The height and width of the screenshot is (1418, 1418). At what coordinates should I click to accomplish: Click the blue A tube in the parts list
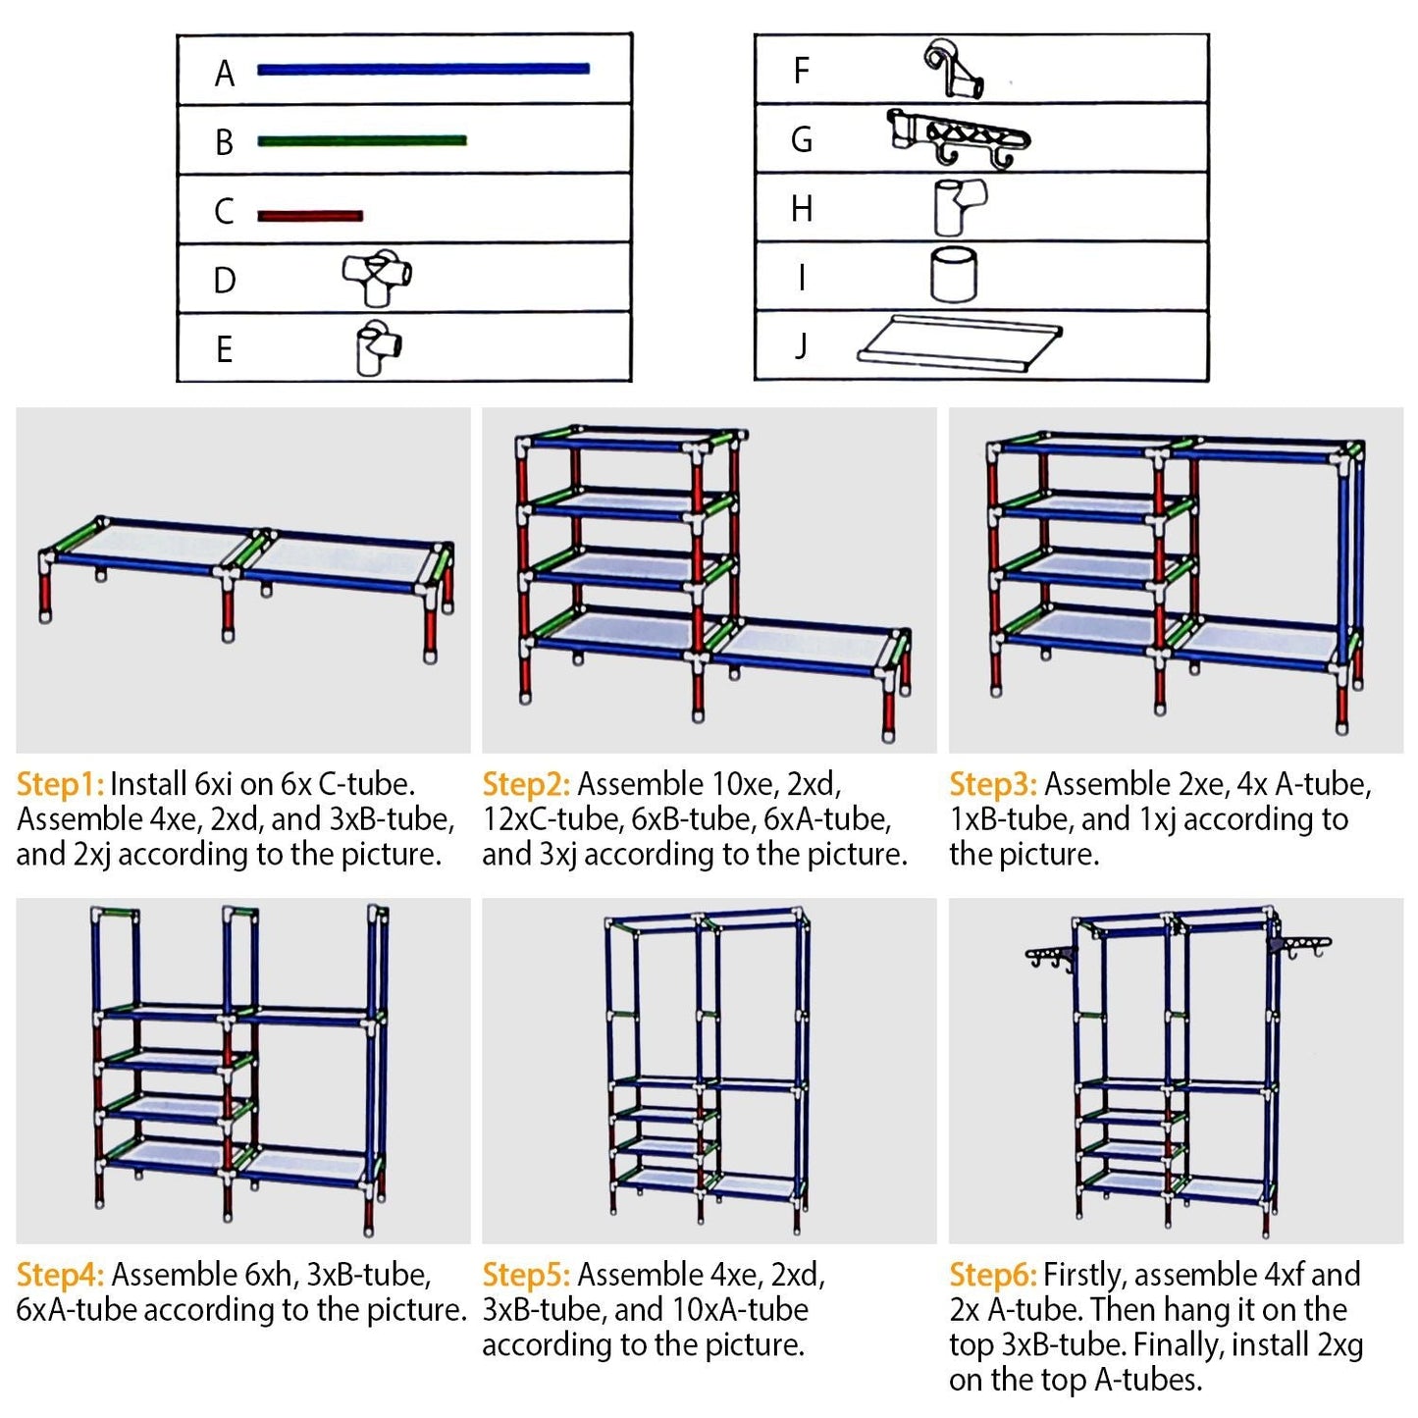pos(423,69)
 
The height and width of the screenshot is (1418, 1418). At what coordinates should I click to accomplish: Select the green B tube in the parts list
pos(361,140)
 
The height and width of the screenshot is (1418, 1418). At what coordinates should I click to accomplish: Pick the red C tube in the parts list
pos(310,216)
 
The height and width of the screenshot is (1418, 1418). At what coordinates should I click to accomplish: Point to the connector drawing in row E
pos(378,346)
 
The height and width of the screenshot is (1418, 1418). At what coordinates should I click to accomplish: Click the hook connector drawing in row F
pos(953,69)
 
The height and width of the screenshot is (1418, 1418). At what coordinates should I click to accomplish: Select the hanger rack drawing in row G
pos(957,138)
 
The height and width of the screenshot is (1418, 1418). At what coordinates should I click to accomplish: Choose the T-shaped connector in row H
pos(958,206)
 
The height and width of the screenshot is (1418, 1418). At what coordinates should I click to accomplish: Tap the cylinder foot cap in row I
pos(953,274)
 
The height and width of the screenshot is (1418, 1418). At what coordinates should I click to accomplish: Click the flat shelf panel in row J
pos(959,342)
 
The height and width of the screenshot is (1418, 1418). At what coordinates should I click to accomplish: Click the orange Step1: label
pos(60,784)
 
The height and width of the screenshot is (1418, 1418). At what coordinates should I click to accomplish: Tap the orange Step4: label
pos(60,1275)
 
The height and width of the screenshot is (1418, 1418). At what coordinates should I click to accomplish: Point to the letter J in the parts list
pos(801,345)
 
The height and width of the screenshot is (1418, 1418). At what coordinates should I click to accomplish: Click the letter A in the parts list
pos(225,74)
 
